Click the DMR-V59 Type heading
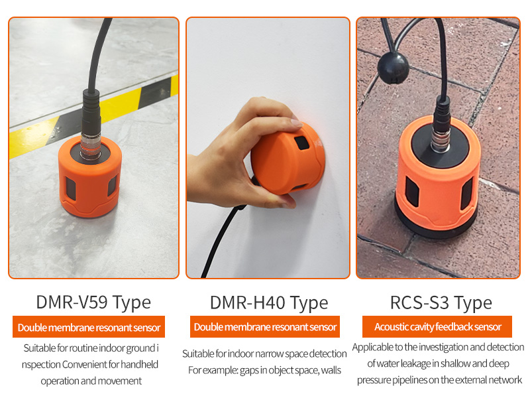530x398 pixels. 93,302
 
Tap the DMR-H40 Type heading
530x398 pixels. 269,302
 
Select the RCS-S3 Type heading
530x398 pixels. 441,302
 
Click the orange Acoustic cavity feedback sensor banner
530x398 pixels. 437,326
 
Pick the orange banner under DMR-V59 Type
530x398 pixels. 89,327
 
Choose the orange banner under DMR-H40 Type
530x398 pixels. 264,326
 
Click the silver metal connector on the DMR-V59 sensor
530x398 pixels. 90,146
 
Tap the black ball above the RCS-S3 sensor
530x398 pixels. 393,68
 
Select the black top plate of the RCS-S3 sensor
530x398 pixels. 440,145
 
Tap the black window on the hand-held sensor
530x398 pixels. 301,143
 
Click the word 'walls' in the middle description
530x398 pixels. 331,370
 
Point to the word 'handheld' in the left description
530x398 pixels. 139,364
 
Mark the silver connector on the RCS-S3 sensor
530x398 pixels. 440,142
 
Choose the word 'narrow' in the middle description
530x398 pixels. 270,354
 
